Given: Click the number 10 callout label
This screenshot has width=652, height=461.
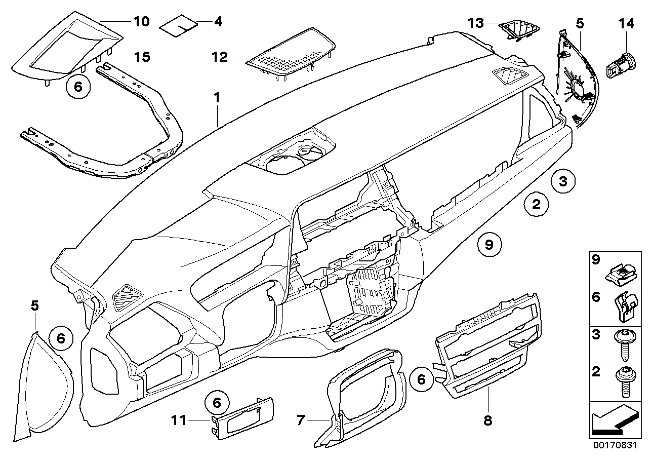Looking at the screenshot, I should pos(141,21).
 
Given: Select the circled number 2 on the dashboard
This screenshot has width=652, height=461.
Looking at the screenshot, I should pos(536,204).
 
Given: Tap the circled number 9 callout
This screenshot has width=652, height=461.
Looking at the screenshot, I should pos(488,245).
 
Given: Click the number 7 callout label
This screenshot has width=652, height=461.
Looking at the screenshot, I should pos(301,420).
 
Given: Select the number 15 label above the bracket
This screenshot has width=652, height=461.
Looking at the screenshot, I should pos(142,57).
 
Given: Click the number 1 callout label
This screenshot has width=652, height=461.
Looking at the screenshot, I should pos(217,98).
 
